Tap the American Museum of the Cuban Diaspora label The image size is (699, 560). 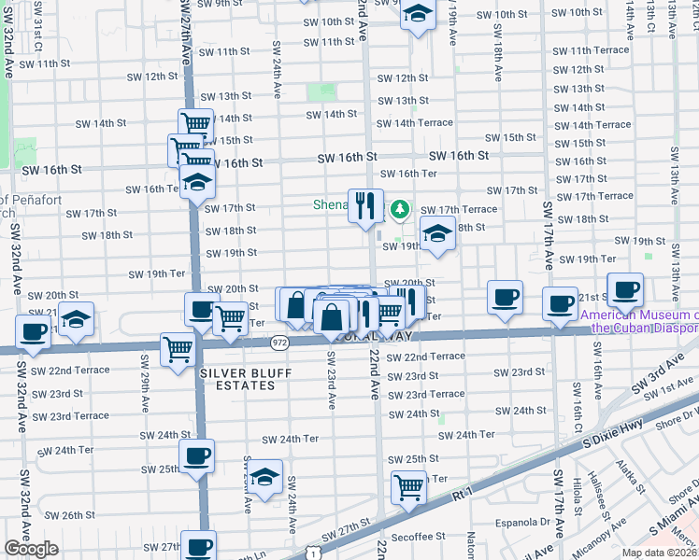click(640, 321)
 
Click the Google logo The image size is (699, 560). click(31, 549)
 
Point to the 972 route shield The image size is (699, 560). click(281, 343)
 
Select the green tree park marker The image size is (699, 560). click(401, 208)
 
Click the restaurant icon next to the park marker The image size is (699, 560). click(365, 205)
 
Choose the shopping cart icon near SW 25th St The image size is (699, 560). click(408, 486)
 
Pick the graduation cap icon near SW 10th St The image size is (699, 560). click(418, 14)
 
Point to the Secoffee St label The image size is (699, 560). click(419, 537)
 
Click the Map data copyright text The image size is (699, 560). click(660, 553)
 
